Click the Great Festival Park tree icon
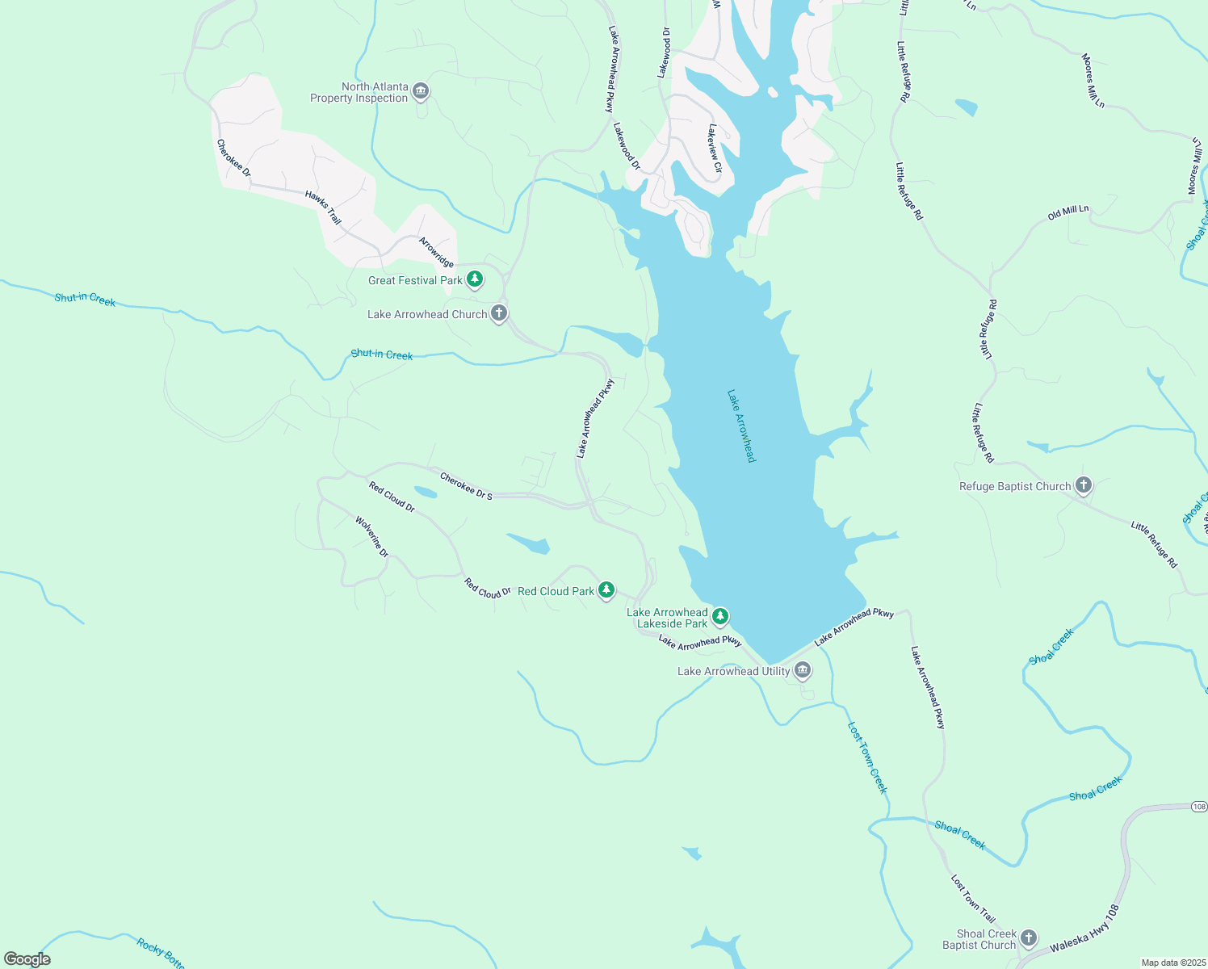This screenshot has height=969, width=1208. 475,279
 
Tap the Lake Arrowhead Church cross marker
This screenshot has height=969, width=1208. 499,313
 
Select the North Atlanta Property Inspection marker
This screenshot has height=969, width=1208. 420,91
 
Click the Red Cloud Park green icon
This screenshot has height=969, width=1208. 606,590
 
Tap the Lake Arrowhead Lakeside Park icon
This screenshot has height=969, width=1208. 720,617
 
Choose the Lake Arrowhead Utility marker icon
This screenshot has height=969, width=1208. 802,670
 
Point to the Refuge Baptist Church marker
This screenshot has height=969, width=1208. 1084,485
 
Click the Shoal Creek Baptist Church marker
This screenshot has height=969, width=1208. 1028,938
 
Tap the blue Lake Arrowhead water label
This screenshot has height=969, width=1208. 741,426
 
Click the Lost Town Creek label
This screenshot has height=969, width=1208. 867,757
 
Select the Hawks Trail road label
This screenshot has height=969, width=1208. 323,208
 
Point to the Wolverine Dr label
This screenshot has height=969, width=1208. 372,537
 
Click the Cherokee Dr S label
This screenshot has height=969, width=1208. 466,486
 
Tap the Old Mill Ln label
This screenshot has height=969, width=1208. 1067,213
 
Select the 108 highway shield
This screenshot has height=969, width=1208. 1198,807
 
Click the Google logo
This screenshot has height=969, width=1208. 27,959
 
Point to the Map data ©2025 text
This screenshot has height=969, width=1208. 1172,963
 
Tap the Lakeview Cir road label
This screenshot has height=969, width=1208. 715,148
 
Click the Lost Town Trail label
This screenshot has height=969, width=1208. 973,898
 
